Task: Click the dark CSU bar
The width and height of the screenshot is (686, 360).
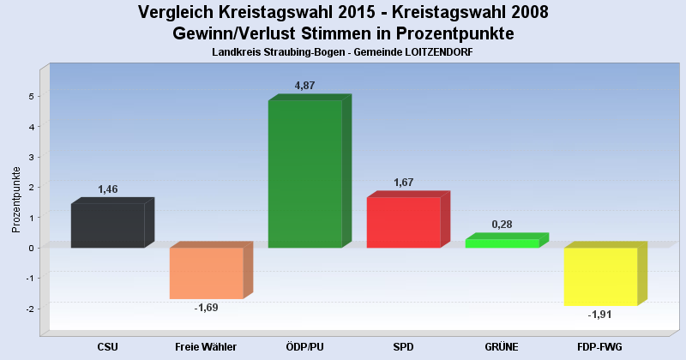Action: click(x=107, y=225)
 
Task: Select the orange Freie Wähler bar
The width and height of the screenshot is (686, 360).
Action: click(x=206, y=273)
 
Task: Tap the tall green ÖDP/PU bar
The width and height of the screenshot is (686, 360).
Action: click(x=304, y=174)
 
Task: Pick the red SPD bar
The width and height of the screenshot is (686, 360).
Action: click(x=403, y=223)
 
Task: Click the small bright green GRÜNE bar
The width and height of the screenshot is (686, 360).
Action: click(x=502, y=243)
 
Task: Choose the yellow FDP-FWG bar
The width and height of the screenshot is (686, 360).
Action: click(x=600, y=276)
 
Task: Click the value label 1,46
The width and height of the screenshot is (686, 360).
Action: click(x=108, y=189)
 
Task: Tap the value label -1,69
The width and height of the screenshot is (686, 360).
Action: click(x=207, y=307)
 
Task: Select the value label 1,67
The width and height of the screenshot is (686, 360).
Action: click(x=404, y=183)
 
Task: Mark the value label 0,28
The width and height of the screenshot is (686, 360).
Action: click(x=502, y=225)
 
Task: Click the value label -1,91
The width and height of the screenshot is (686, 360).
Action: click(x=600, y=315)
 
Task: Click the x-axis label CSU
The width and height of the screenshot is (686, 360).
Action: click(x=107, y=346)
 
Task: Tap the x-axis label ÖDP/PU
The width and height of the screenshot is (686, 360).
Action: click(x=304, y=346)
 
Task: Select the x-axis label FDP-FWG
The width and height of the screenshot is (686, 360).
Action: click(x=600, y=346)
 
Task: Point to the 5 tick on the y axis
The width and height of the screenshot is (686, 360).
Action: click(x=31, y=96)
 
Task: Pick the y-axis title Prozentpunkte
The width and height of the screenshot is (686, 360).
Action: click(x=16, y=199)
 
